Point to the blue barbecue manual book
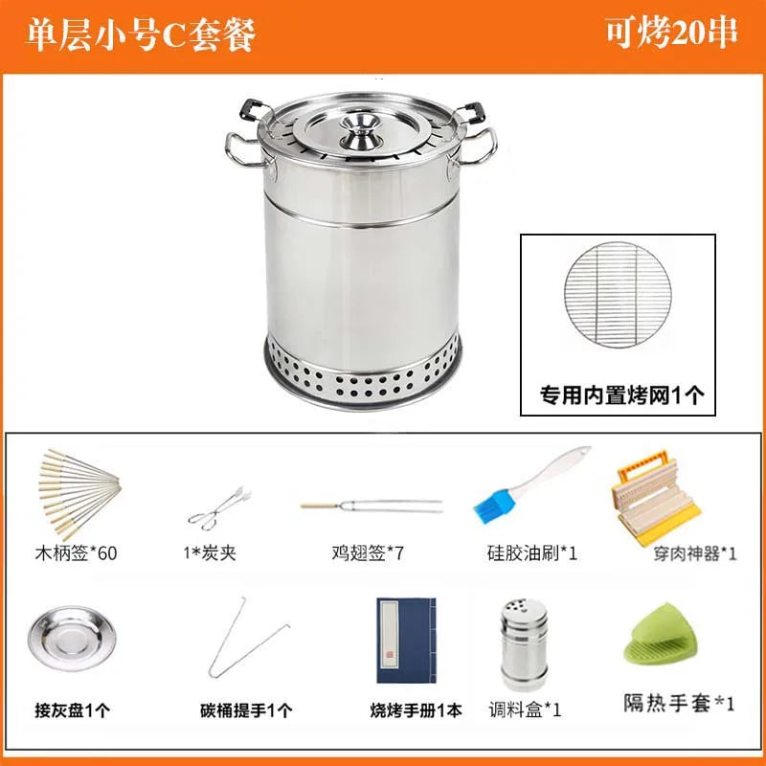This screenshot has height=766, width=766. (405, 640)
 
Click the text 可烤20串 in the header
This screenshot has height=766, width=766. (671, 32)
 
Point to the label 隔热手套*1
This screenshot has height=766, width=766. (679, 704)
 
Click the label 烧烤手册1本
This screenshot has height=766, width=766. (416, 710)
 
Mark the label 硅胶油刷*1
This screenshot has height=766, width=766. (531, 552)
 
